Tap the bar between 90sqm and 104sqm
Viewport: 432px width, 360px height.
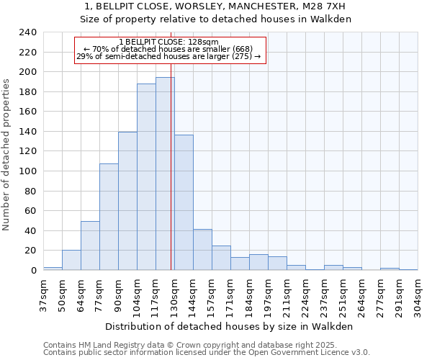coord(127,201)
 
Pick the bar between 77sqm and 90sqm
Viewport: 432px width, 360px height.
coord(109,217)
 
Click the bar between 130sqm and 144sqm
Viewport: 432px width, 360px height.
coord(184,202)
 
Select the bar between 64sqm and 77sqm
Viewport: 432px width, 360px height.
coord(90,246)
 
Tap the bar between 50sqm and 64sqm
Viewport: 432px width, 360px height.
coord(71,260)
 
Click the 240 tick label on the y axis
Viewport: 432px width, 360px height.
coord(27,32)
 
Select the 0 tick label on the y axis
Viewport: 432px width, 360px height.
coord(33,271)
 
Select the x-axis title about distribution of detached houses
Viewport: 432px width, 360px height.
coord(230,326)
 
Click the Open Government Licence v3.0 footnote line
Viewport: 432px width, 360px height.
coord(206,353)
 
